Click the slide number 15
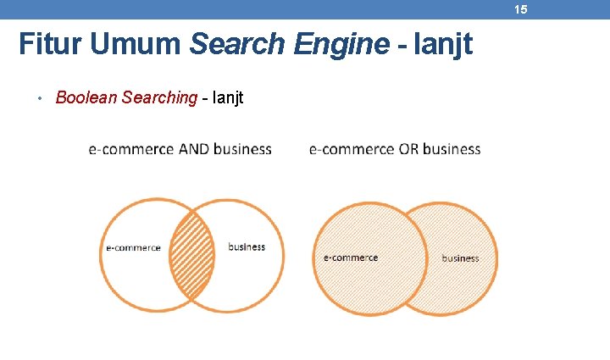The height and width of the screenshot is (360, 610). tap(520, 9)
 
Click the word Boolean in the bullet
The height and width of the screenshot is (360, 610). tap(86, 97)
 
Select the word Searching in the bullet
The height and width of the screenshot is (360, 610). tap(159, 97)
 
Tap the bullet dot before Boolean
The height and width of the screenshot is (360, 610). tap(39, 98)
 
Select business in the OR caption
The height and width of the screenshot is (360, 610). tap(451, 149)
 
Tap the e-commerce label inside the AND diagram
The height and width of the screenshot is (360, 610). tap(133, 248)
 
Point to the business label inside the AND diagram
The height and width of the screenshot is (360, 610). tap(247, 247)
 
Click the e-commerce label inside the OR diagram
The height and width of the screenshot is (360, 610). tap(351, 258)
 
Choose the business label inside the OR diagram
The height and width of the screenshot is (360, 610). tap(460, 258)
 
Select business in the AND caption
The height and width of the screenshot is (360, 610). tap(242, 149)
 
